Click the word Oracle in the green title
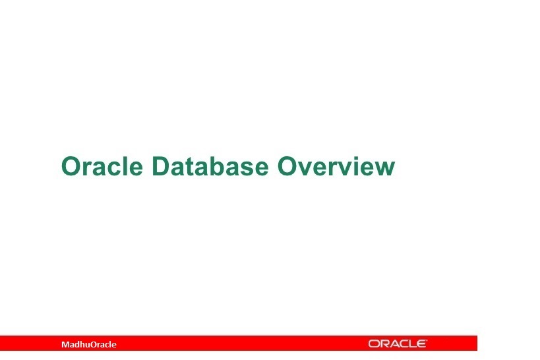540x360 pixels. [102, 166]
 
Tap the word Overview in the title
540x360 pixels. [336, 166]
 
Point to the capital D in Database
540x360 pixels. [159, 166]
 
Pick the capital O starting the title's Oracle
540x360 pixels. [71, 166]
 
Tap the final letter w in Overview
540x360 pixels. [385, 168]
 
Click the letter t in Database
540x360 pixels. [190, 167]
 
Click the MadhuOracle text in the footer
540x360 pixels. [88, 344]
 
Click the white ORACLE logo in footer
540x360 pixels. [398, 344]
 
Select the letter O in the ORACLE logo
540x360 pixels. [373, 344]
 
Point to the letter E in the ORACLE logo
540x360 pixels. [422, 344]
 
